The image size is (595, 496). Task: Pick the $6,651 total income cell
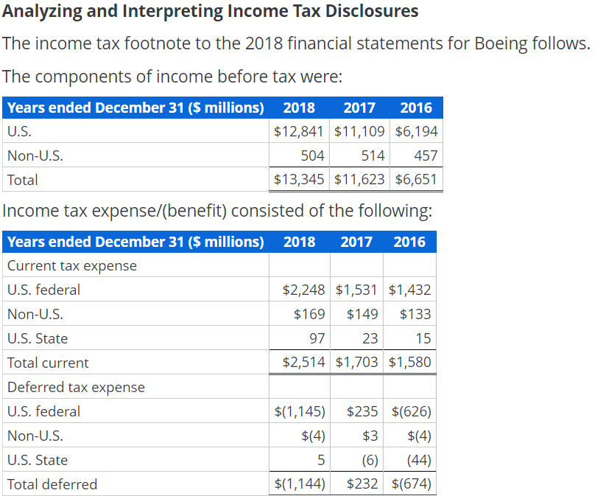coord(416,180)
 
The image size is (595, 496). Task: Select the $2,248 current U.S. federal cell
coord(303,290)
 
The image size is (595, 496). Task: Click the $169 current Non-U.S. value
coord(309,315)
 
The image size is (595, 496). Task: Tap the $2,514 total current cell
coord(303,363)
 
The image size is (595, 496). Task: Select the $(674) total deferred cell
coord(412,484)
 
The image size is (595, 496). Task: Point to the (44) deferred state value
coord(419,460)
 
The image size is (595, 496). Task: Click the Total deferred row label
coord(52,484)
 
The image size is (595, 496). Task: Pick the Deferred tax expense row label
coord(76,387)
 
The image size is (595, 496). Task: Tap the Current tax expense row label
coord(71,265)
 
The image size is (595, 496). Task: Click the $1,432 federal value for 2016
coord(409,290)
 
